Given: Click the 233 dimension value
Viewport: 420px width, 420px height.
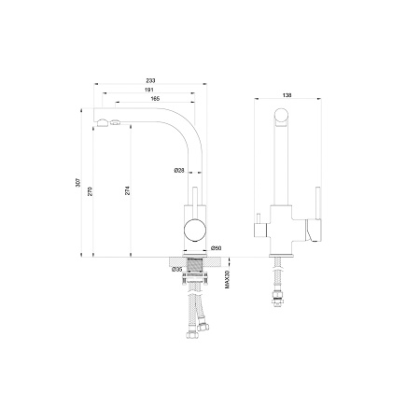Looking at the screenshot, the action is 150,80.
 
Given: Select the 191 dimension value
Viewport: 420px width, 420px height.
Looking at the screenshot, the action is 149,90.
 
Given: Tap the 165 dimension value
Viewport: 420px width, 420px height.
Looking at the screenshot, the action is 155,99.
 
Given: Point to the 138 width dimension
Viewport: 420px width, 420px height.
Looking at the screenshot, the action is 287,95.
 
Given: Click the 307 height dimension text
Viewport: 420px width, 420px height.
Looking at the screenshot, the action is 78,183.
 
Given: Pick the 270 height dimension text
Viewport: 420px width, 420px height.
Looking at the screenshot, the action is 90,191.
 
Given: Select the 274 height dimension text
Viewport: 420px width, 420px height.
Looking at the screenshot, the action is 127,190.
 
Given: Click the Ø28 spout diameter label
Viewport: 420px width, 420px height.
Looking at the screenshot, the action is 179,170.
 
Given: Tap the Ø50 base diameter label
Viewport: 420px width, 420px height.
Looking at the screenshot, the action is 216,248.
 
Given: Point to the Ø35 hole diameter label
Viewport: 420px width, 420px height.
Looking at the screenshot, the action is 176,270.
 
